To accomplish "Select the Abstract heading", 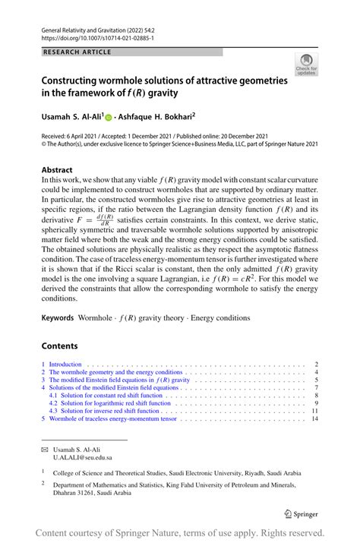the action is (58, 169).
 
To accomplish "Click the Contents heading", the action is (60, 346).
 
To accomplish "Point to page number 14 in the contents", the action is (314, 418).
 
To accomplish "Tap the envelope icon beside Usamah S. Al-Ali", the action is (45, 450).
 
